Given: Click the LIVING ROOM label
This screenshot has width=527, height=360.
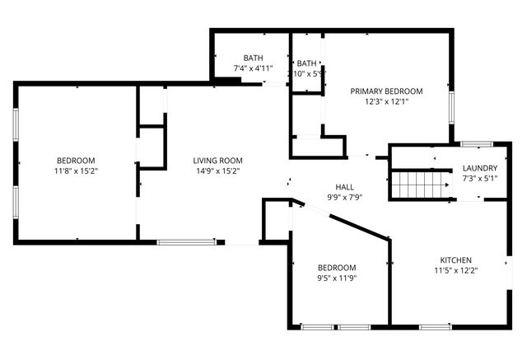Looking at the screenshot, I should (217, 160).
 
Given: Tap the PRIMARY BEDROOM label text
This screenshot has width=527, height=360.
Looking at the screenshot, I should (386, 91).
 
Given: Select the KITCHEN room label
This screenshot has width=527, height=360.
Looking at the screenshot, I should (455, 259).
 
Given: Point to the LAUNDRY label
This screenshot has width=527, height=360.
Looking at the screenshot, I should (479, 167).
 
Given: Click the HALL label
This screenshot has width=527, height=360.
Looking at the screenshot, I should (344, 186).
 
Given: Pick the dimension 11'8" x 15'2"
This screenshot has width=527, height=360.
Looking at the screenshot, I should (76, 171).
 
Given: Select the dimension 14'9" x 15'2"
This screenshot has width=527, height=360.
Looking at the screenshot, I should (217, 171).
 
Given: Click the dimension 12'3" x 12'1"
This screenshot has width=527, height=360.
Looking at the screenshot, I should (386, 102).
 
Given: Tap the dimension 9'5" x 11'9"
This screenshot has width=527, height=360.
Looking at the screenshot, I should (337, 278).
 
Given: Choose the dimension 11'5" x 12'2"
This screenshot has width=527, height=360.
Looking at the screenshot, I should (455, 270).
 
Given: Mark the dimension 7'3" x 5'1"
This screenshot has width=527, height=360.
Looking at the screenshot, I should (479, 178).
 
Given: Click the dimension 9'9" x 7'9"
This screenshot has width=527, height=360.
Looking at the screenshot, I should (344, 197).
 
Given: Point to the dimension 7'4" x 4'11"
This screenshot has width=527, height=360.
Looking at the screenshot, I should (253, 68).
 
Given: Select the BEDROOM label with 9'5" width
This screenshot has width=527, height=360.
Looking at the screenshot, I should (337, 268).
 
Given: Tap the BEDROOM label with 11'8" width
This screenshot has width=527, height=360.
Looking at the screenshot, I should (76, 160).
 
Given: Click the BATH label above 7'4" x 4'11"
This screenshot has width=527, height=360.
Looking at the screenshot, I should (253, 58).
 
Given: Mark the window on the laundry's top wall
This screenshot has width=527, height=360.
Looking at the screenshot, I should (476, 145).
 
